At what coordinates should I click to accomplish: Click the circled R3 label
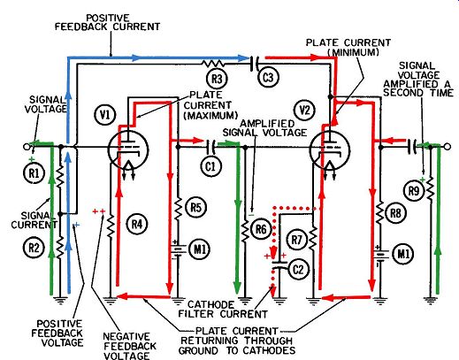tap(217, 79)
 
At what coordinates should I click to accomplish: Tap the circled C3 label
tap(267, 78)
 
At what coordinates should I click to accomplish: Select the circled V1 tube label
tap(105, 115)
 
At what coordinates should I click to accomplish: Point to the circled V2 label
tap(304, 111)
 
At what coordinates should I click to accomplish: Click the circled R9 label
tap(413, 191)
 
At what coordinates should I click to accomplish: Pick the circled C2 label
tap(298, 270)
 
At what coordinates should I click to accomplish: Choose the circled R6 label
tap(261, 229)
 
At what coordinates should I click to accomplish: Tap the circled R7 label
tap(296, 240)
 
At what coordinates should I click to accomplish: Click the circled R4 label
tap(136, 225)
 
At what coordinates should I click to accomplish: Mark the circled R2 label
tap(34, 248)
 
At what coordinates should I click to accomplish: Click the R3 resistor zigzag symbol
tap(213, 63)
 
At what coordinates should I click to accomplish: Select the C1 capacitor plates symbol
tap(211, 147)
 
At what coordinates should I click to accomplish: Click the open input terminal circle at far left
tap(27, 147)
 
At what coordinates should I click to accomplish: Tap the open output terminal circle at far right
tap(448, 147)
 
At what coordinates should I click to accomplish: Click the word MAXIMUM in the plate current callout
tap(210, 115)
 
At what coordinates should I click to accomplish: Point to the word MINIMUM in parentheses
tap(353, 52)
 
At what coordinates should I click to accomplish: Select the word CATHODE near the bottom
tap(210, 304)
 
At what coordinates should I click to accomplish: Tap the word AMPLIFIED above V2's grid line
tap(267, 123)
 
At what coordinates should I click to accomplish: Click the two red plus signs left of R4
tap(99, 211)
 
